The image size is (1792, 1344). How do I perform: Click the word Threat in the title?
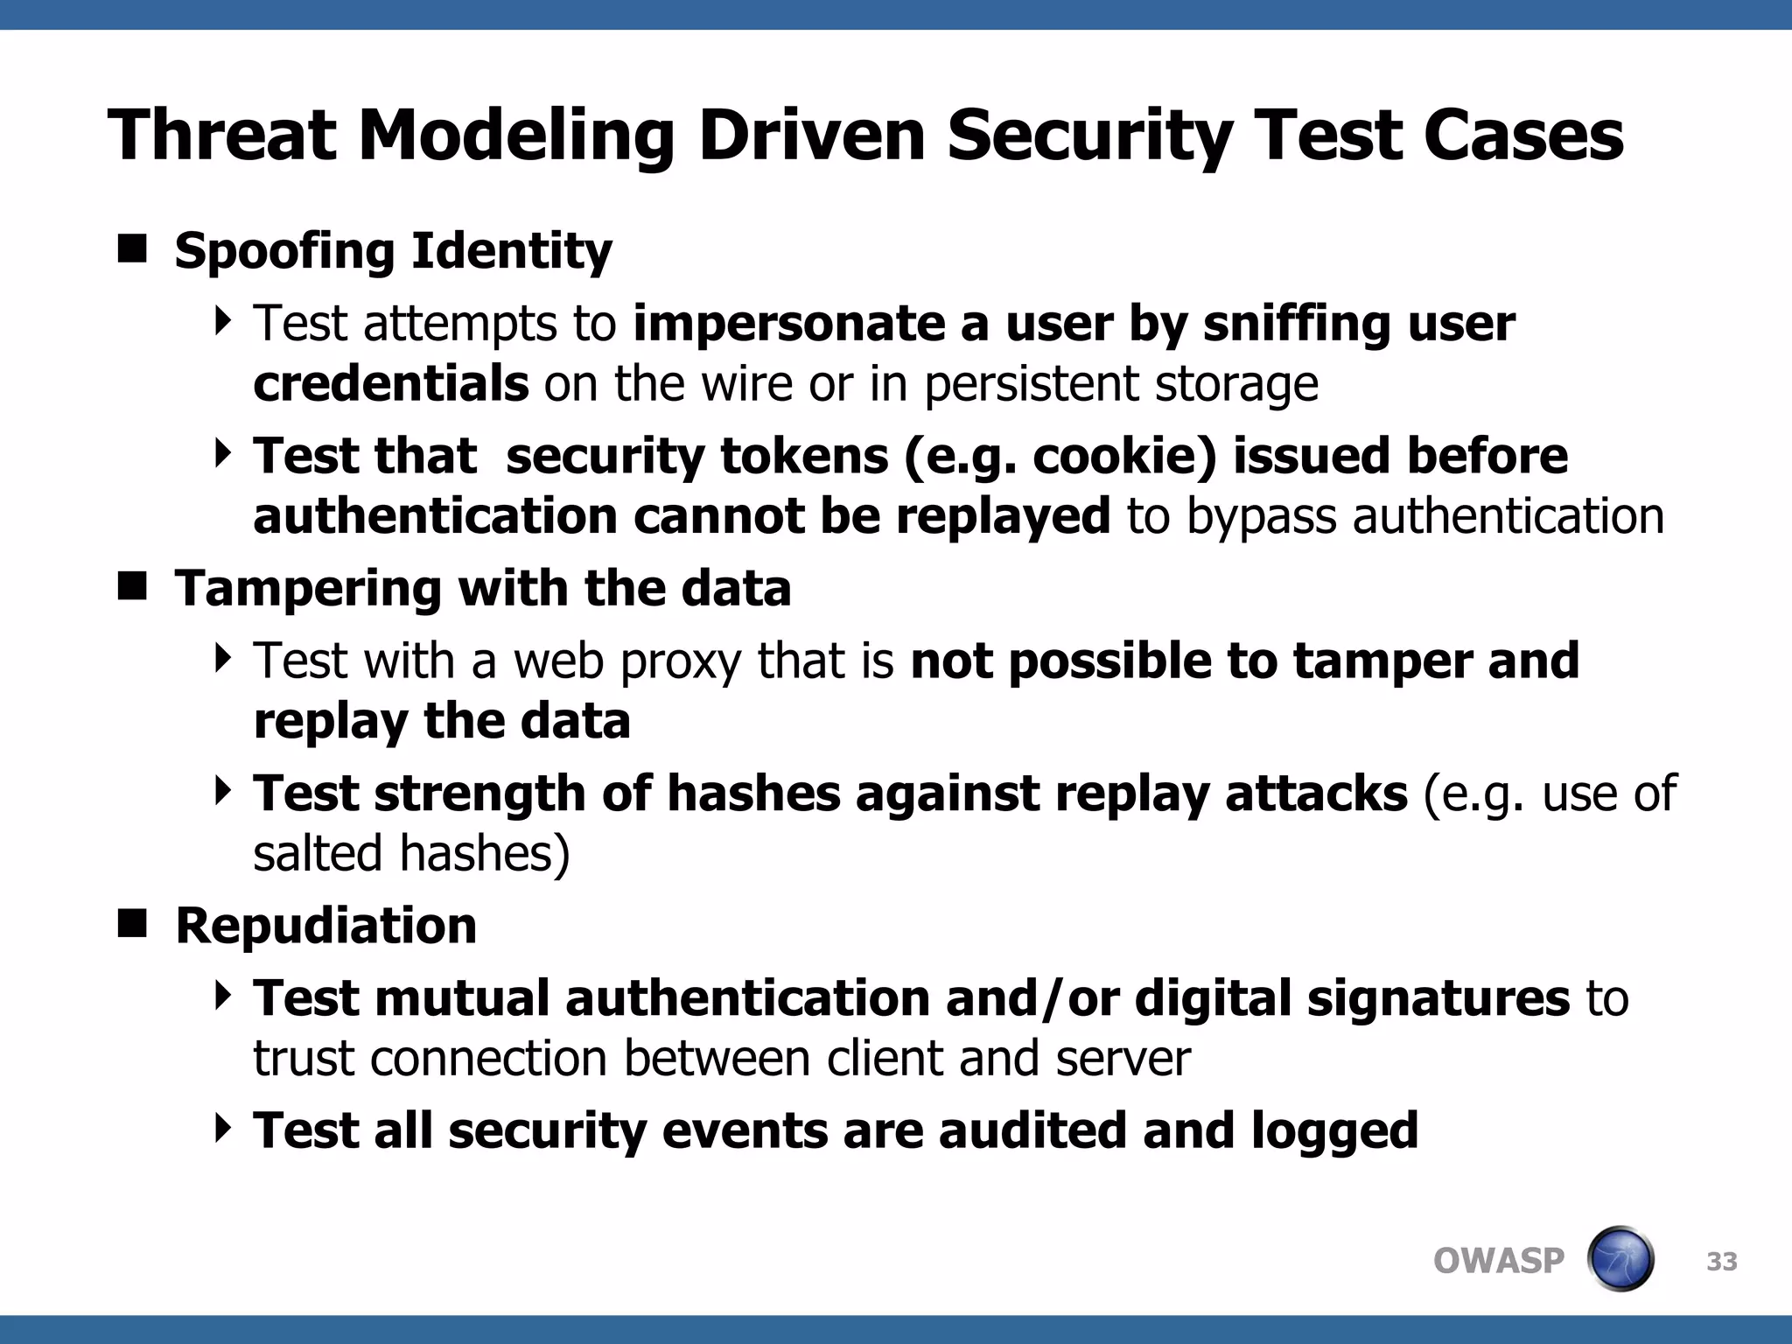[x=222, y=136]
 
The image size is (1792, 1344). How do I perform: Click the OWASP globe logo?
[x=1620, y=1259]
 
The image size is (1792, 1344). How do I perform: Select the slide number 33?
[x=1721, y=1262]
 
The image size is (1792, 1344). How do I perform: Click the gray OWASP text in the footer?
[x=1498, y=1261]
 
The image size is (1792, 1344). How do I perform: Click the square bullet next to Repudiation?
[x=132, y=924]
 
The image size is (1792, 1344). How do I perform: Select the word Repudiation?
[x=325, y=926]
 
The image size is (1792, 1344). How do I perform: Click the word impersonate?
[x=788, y=324]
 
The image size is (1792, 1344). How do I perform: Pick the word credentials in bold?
[x=390, y=383]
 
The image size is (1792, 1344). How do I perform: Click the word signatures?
[x=1438, y=998]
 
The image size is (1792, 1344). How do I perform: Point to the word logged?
[x=1333, y=1131]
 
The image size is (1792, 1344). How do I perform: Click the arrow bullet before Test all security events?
[x=223, y=1128]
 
